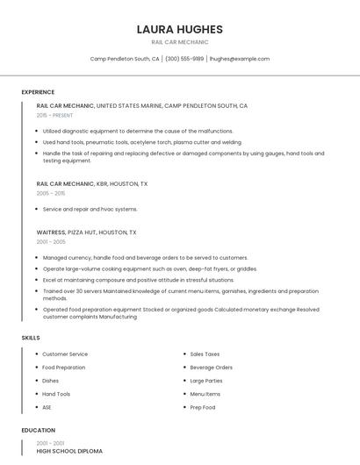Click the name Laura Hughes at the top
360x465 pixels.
pyautogui.click(x=179, y=29)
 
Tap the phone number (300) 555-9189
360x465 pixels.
pyautogui.click(x=184, y=59)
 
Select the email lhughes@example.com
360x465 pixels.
pyautogui.click(x=239, y=59)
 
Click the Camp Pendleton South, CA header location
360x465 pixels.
pyautogui.click(x=125, y=59)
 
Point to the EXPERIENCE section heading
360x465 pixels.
pyautogui.click(x=38, y=92)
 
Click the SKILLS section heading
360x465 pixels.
pyautogui.click(x=31, y=337)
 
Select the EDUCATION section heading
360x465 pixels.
pyautogui.click(x=38, y=431)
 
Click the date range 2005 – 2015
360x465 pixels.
pyautogui.click(x=51, y=193)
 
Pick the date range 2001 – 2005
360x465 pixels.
pyautogui.click(x=51, y=241)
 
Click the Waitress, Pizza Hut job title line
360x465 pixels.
pyautogui.click(x=86, y=232)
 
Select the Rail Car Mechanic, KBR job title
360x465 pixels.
pyautogui.click(x=92, y=184)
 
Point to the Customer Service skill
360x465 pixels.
pyautogui.click(x=66, y=354)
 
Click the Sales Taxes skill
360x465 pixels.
pyautogui.click(x=205, y=354)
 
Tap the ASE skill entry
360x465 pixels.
pyautogui.click(x=47, y=408)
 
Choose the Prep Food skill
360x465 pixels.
pyautogui.click(x=203, y=408)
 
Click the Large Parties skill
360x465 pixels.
pyautogui.click(x=206, y=381)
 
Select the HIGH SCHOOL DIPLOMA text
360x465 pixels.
pyautogui.click(x=69, y=451)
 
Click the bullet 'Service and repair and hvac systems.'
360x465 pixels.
pyautogui.click(x=90, y=210)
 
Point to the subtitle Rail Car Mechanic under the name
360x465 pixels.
pyautogui.click(x=179, y=41)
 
